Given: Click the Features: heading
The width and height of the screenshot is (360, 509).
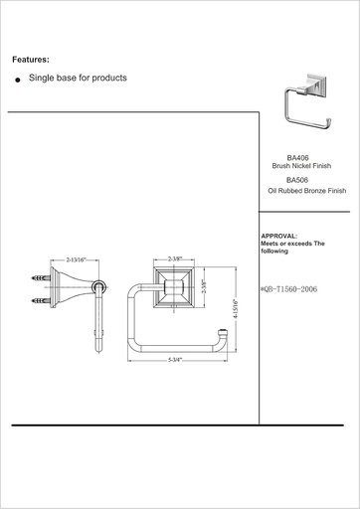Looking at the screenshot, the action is [31, 60].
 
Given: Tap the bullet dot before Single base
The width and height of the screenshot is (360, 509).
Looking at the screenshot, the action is [18, 80].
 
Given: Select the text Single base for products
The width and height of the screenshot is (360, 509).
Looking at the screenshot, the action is [78, 78].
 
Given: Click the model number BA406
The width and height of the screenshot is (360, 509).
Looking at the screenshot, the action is [297, 158].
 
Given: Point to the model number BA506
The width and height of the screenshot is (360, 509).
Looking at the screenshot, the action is [297, 180].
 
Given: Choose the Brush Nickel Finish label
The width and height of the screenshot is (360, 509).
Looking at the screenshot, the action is [301, 166].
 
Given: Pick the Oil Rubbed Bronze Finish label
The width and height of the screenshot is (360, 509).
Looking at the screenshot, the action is [307, 191].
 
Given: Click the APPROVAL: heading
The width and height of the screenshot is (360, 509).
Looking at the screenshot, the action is [279, 236].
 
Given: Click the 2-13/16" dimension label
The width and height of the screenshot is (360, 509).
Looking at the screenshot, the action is [76, 259].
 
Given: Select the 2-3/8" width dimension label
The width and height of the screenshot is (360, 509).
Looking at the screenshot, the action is [175, 259].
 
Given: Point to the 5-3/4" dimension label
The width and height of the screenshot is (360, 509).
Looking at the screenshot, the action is [175, 360].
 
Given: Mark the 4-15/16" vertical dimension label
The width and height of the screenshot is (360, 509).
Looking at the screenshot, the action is [236, 308].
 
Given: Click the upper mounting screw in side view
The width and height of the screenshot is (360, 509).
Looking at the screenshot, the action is [41, 277].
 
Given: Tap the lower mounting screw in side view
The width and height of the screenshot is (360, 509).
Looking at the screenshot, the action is [41, 301].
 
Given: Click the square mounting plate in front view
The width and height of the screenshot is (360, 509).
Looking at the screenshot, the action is [174, 287].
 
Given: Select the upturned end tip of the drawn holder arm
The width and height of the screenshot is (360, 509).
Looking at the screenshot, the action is [223, 331].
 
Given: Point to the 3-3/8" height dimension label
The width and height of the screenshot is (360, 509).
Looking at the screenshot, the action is [204, 287].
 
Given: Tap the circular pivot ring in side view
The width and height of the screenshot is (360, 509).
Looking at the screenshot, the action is [98, 287].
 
